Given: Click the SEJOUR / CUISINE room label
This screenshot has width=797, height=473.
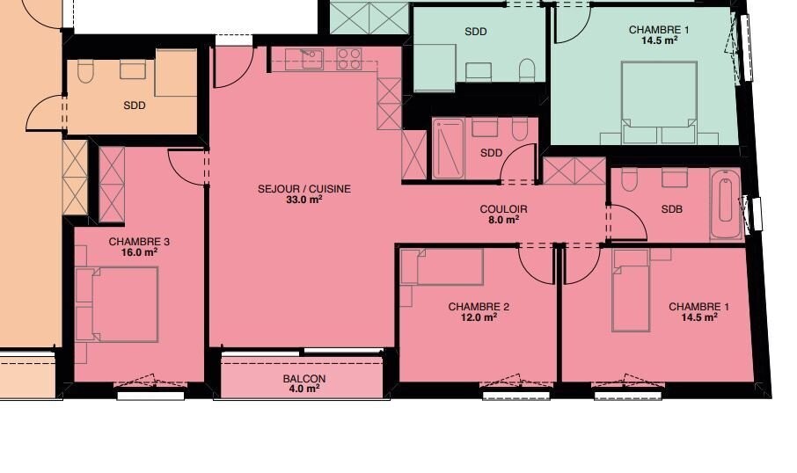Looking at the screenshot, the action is [x=304, y=189].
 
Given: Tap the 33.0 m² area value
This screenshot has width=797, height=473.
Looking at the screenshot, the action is [x=304, y=200].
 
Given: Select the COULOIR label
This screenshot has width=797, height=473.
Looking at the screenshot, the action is [x=503, y=209].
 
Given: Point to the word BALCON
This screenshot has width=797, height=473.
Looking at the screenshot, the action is [x=304, y=379].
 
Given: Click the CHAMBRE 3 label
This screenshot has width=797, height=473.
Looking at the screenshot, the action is [x=139, y=242].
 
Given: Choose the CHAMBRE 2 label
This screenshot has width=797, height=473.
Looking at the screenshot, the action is [x=479, y=307].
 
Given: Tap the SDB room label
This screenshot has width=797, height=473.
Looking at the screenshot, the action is [x=671, y=209].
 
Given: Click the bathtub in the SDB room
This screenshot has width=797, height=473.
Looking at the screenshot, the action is [x=726, y=204].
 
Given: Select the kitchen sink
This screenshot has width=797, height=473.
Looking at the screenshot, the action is [x=304, y=59].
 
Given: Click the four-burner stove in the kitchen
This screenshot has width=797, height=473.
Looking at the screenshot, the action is [x=349, y=59].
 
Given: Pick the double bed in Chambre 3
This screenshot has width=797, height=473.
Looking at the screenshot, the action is [x=117, y=304].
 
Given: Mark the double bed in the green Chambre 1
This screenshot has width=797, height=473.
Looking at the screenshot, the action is [x=659, y=103].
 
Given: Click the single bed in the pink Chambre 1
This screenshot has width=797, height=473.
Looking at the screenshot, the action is [x=631, y=291].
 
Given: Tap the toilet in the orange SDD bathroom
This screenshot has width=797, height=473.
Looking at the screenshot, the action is [x=85, y=71].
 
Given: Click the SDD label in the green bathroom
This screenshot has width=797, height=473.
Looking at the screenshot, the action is [x=475, y=32].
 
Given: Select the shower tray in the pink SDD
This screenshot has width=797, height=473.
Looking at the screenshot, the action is [x=449, y=149].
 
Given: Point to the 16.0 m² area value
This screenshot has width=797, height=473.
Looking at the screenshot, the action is [x=139, y=252].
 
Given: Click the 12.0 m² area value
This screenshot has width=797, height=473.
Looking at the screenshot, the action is [x=479, y=317].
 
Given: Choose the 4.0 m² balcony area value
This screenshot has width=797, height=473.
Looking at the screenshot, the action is [x=304, y=389].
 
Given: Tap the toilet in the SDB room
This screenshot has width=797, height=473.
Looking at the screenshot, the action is [x=629, y=179].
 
